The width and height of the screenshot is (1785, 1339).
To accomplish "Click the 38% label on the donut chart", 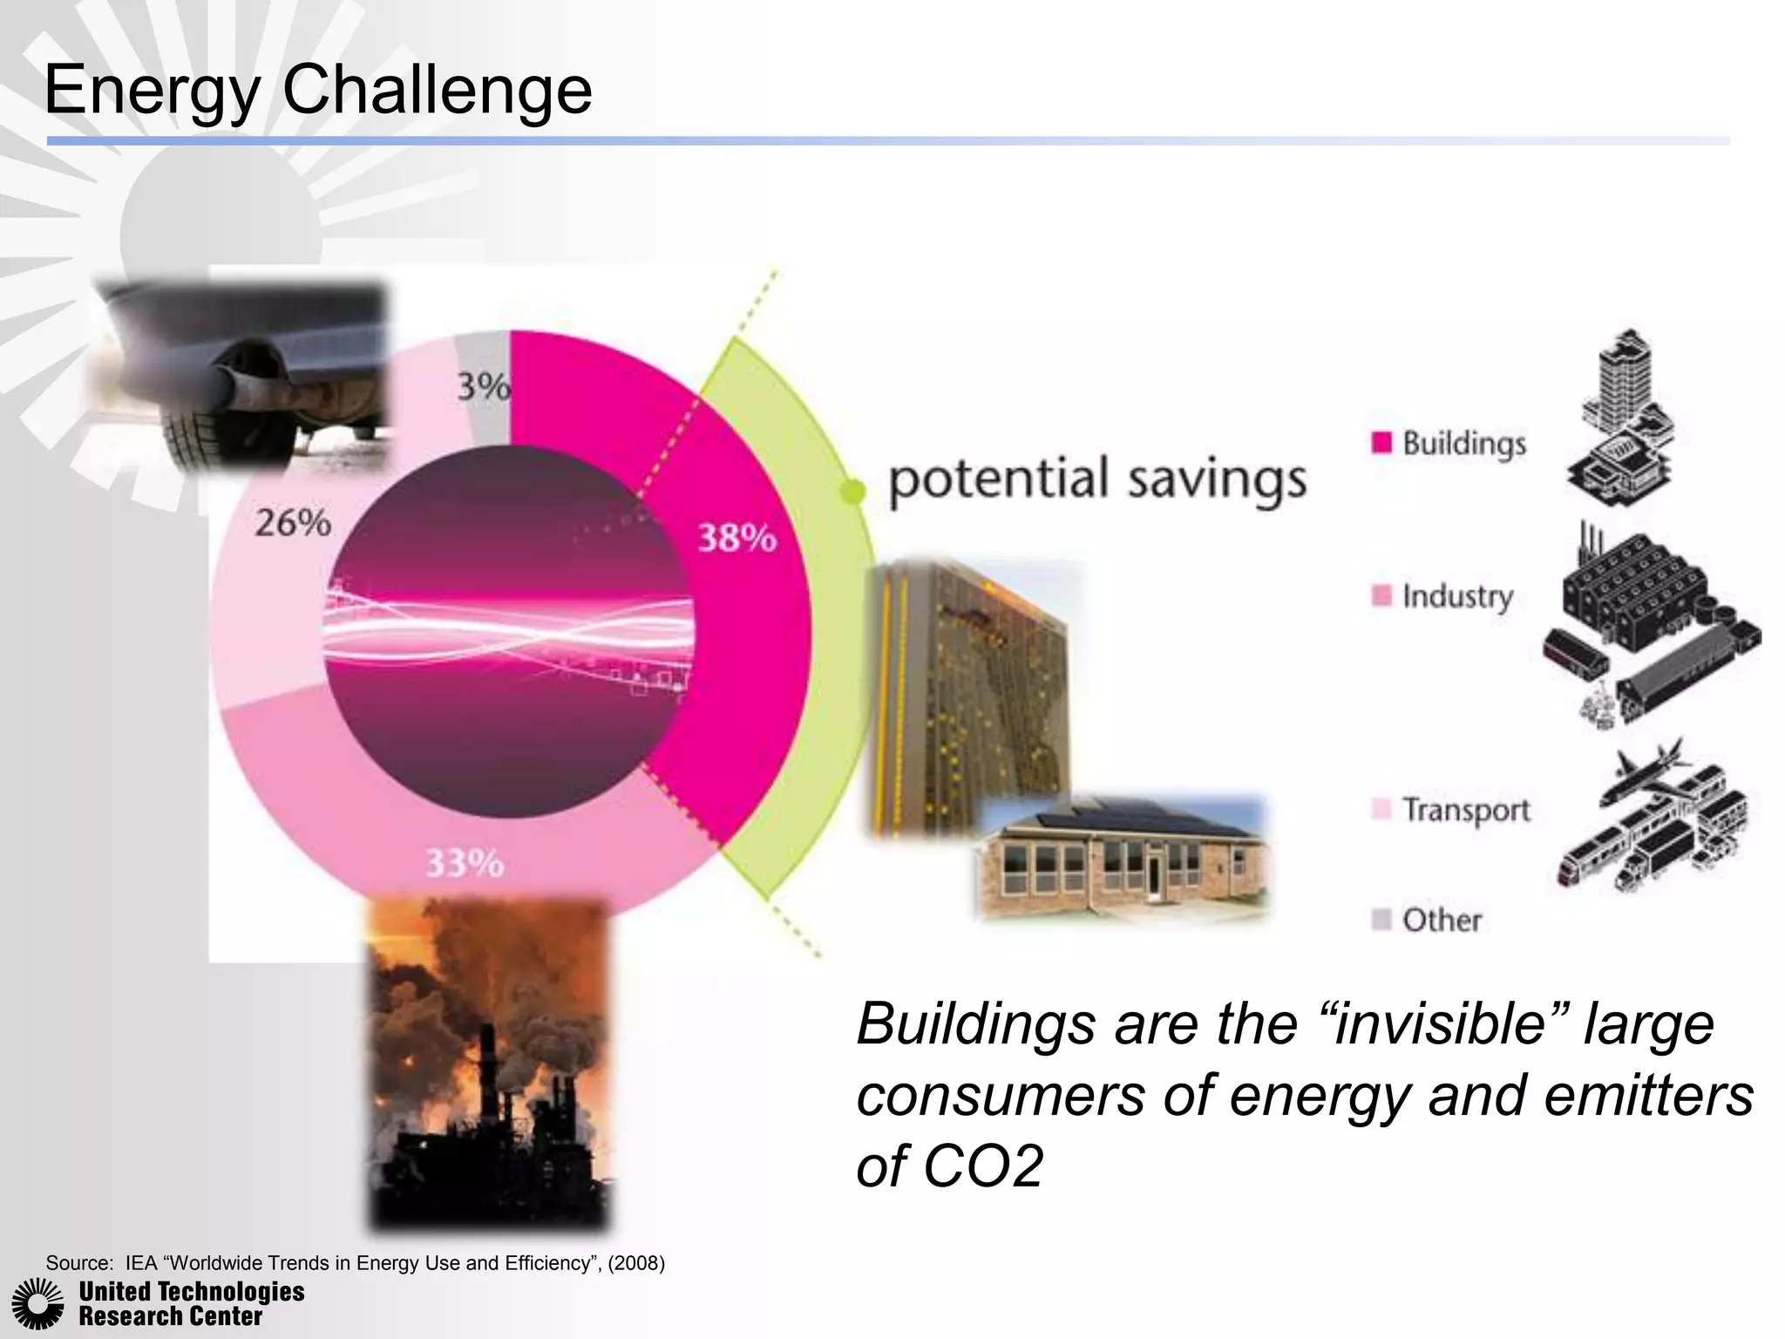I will point(736,539).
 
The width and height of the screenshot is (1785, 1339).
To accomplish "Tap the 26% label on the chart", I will point(293,523).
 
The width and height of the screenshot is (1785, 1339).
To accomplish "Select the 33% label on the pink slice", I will point(465,864).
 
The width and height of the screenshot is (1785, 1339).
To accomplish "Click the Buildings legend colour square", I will point(1381,443).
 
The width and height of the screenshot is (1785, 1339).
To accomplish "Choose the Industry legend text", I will point(1457,597).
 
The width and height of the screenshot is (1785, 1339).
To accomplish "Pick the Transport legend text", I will point(1466,811).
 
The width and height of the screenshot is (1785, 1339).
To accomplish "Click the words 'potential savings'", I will point(1097,480).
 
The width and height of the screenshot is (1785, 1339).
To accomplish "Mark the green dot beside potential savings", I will point(854,492).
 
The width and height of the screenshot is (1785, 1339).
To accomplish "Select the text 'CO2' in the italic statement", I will point(983,1166).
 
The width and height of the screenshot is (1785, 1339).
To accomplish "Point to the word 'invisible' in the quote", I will point(1447,1023).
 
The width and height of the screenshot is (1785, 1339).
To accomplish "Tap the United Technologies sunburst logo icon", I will point(37,1304).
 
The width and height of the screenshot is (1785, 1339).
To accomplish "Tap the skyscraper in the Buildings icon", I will point(1627,384).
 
